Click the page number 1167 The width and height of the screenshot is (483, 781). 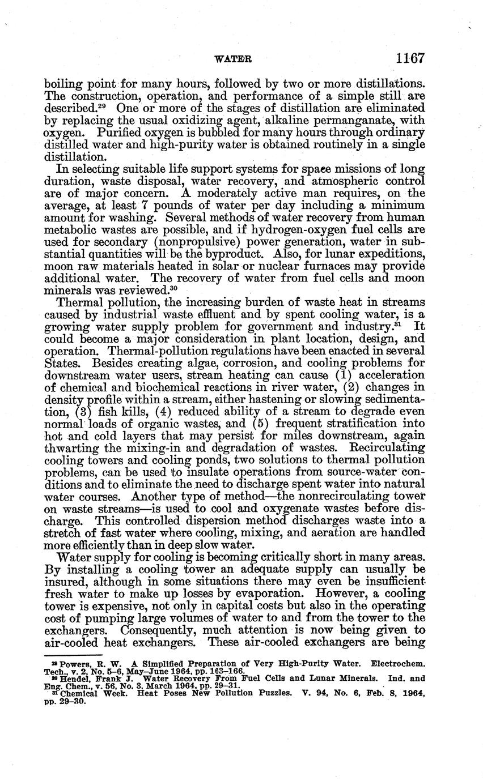411,58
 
